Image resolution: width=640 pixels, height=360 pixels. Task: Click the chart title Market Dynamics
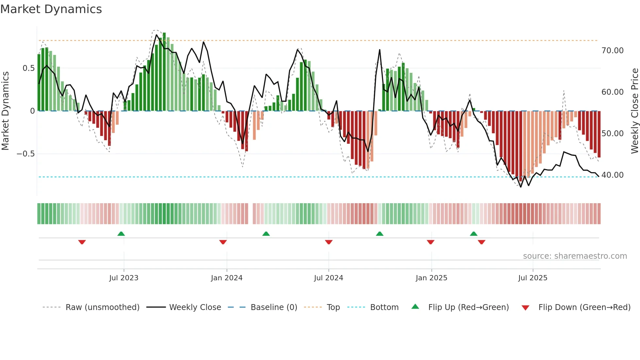click(x=51, y=9)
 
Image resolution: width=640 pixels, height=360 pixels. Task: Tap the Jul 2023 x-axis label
click(x=124, y=278)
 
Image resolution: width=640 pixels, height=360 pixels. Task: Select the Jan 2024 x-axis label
click(x=227, y=278)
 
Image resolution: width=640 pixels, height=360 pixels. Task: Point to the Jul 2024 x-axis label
click(x=328, y=278)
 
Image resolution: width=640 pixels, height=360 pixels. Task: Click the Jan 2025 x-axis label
click(x=431, y=278)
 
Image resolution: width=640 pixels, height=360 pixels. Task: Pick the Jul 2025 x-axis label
click(x=533, y=278)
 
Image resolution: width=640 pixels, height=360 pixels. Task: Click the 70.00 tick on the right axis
click(x=612, y=51)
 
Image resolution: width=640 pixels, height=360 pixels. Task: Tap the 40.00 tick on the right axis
click(x=612, y=175)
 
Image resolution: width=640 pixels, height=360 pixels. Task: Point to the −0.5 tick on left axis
click(x=26, y=154)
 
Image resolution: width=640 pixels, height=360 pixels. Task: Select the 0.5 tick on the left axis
click(x=28, y=68)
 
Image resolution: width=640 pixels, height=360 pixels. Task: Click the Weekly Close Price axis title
click(x=634, y=111)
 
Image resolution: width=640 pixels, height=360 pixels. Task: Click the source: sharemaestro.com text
click(x=575, y=256)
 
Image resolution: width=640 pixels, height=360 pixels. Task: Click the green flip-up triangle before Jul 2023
click(x=121, y=234)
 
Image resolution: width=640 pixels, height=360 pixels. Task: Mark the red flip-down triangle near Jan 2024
click(x=223, y=242)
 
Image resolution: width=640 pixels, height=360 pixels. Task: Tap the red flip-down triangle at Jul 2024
click(x=329, y=242)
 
